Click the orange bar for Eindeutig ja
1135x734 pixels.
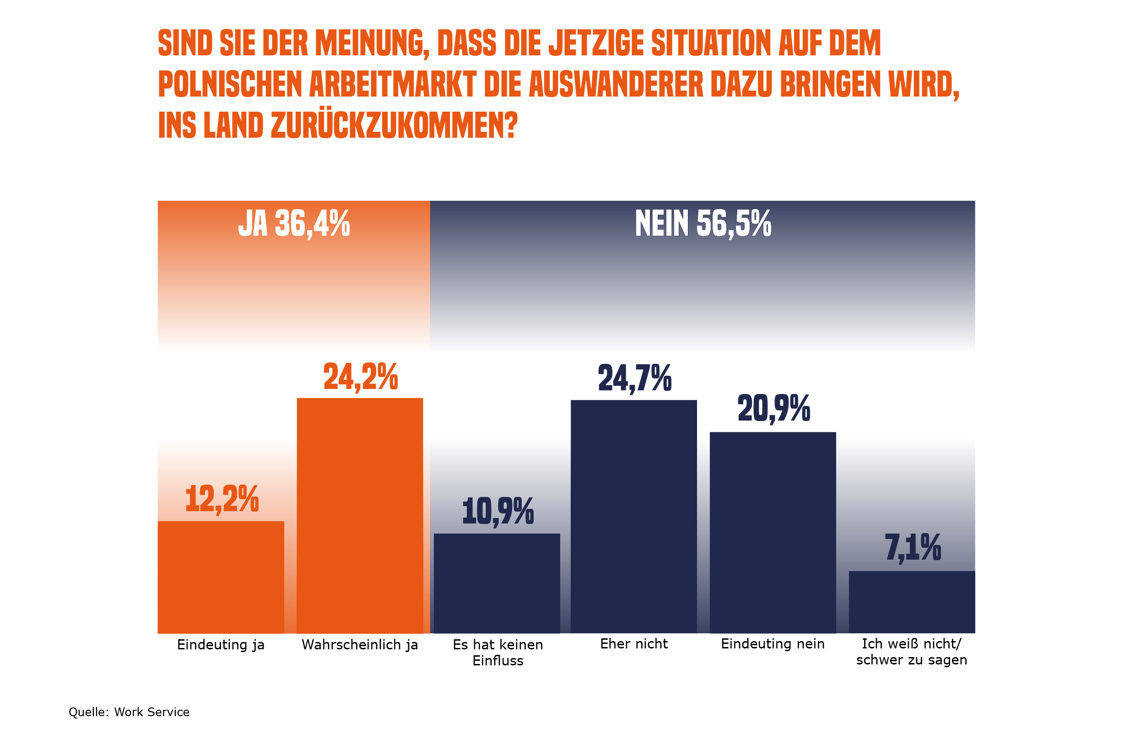(221, 577)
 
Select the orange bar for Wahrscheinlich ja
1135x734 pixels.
(359, 515)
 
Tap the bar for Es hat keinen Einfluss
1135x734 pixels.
(497, 583)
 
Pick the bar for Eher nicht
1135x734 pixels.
(633, 516)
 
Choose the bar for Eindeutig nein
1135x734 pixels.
(772, 532)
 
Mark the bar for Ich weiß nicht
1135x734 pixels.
(911, 601)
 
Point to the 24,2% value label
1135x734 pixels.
(360, 377)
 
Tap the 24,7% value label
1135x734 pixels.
(634, 378)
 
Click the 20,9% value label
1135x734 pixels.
(773, 409)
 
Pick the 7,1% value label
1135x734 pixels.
(913, 548)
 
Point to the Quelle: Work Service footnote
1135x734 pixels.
(129, 712)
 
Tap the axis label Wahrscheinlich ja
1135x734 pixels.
(359, 645)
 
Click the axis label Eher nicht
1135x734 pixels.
(633, 644)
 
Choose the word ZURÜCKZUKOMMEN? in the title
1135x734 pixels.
(394, 126)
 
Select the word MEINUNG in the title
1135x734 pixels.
(369, 43)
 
